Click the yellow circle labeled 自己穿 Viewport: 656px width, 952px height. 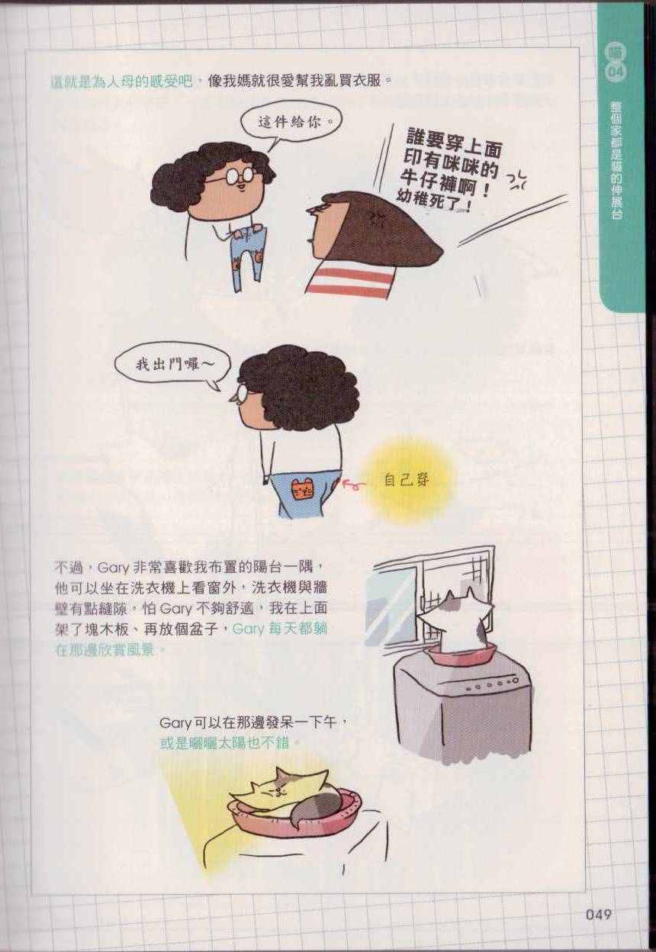[406, 481]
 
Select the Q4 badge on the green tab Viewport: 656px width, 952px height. [615, 72]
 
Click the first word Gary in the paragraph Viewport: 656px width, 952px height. [110, 568]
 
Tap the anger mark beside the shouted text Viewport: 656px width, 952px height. [516, 182]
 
